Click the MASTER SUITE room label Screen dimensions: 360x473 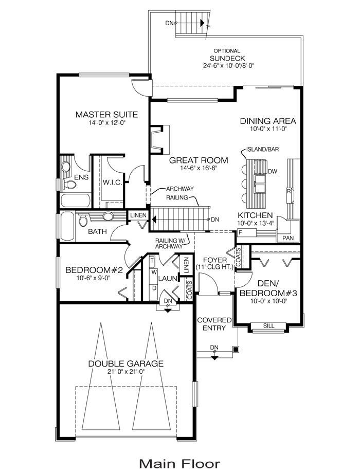(106, 115)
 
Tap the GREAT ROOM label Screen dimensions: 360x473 (198, 160)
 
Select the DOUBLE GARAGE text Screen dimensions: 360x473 (126, 363)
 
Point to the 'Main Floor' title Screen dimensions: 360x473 (179, 463)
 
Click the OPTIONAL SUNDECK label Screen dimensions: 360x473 (227, 55)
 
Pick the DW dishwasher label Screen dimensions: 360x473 (273, 172)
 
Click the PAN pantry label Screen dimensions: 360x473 (288, 238)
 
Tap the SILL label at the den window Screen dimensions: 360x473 (268, 326)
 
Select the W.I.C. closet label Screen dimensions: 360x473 (113, 183)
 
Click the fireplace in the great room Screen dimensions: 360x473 (160, 140)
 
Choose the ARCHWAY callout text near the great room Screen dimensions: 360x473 (180, 189)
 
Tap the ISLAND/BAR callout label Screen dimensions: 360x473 (262, 149)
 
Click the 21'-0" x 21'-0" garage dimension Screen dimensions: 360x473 (126, 371)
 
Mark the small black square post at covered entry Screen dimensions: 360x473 (236, 349)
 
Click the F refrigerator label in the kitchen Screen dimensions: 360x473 (241, 233)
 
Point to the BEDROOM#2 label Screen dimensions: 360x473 (94, 270)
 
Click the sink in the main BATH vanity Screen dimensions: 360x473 (107, 216)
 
